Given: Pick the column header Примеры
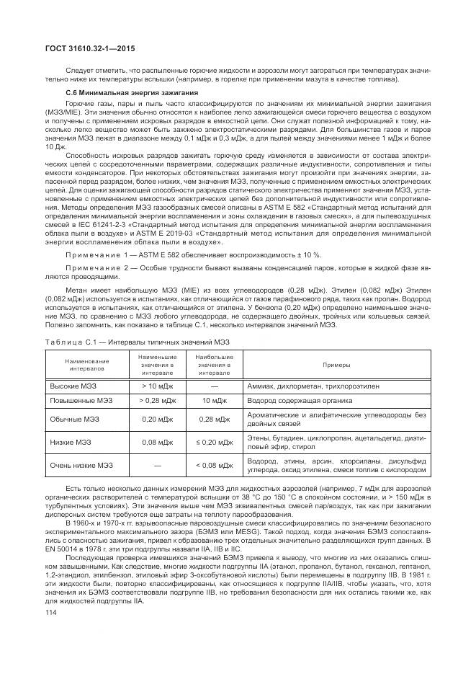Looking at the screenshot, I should pyautogui.click(x=336, y=364).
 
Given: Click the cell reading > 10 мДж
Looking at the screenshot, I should pyautogui.click(x=154, y=386).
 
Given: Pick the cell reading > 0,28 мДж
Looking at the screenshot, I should pyautogui.click(x=154, y=400).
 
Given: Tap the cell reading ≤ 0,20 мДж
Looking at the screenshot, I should pyautogui.click(x=214, y=442).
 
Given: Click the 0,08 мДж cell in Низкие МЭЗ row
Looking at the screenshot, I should pyautogui.click(x=154, y=442).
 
